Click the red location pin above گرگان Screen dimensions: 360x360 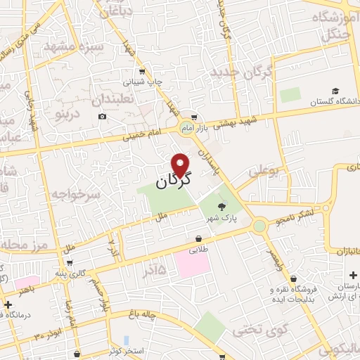181,165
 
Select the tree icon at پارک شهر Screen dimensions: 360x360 222,206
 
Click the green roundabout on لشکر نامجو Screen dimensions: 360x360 260,226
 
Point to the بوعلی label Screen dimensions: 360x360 264,169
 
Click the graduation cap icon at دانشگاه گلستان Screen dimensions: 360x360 335,91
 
